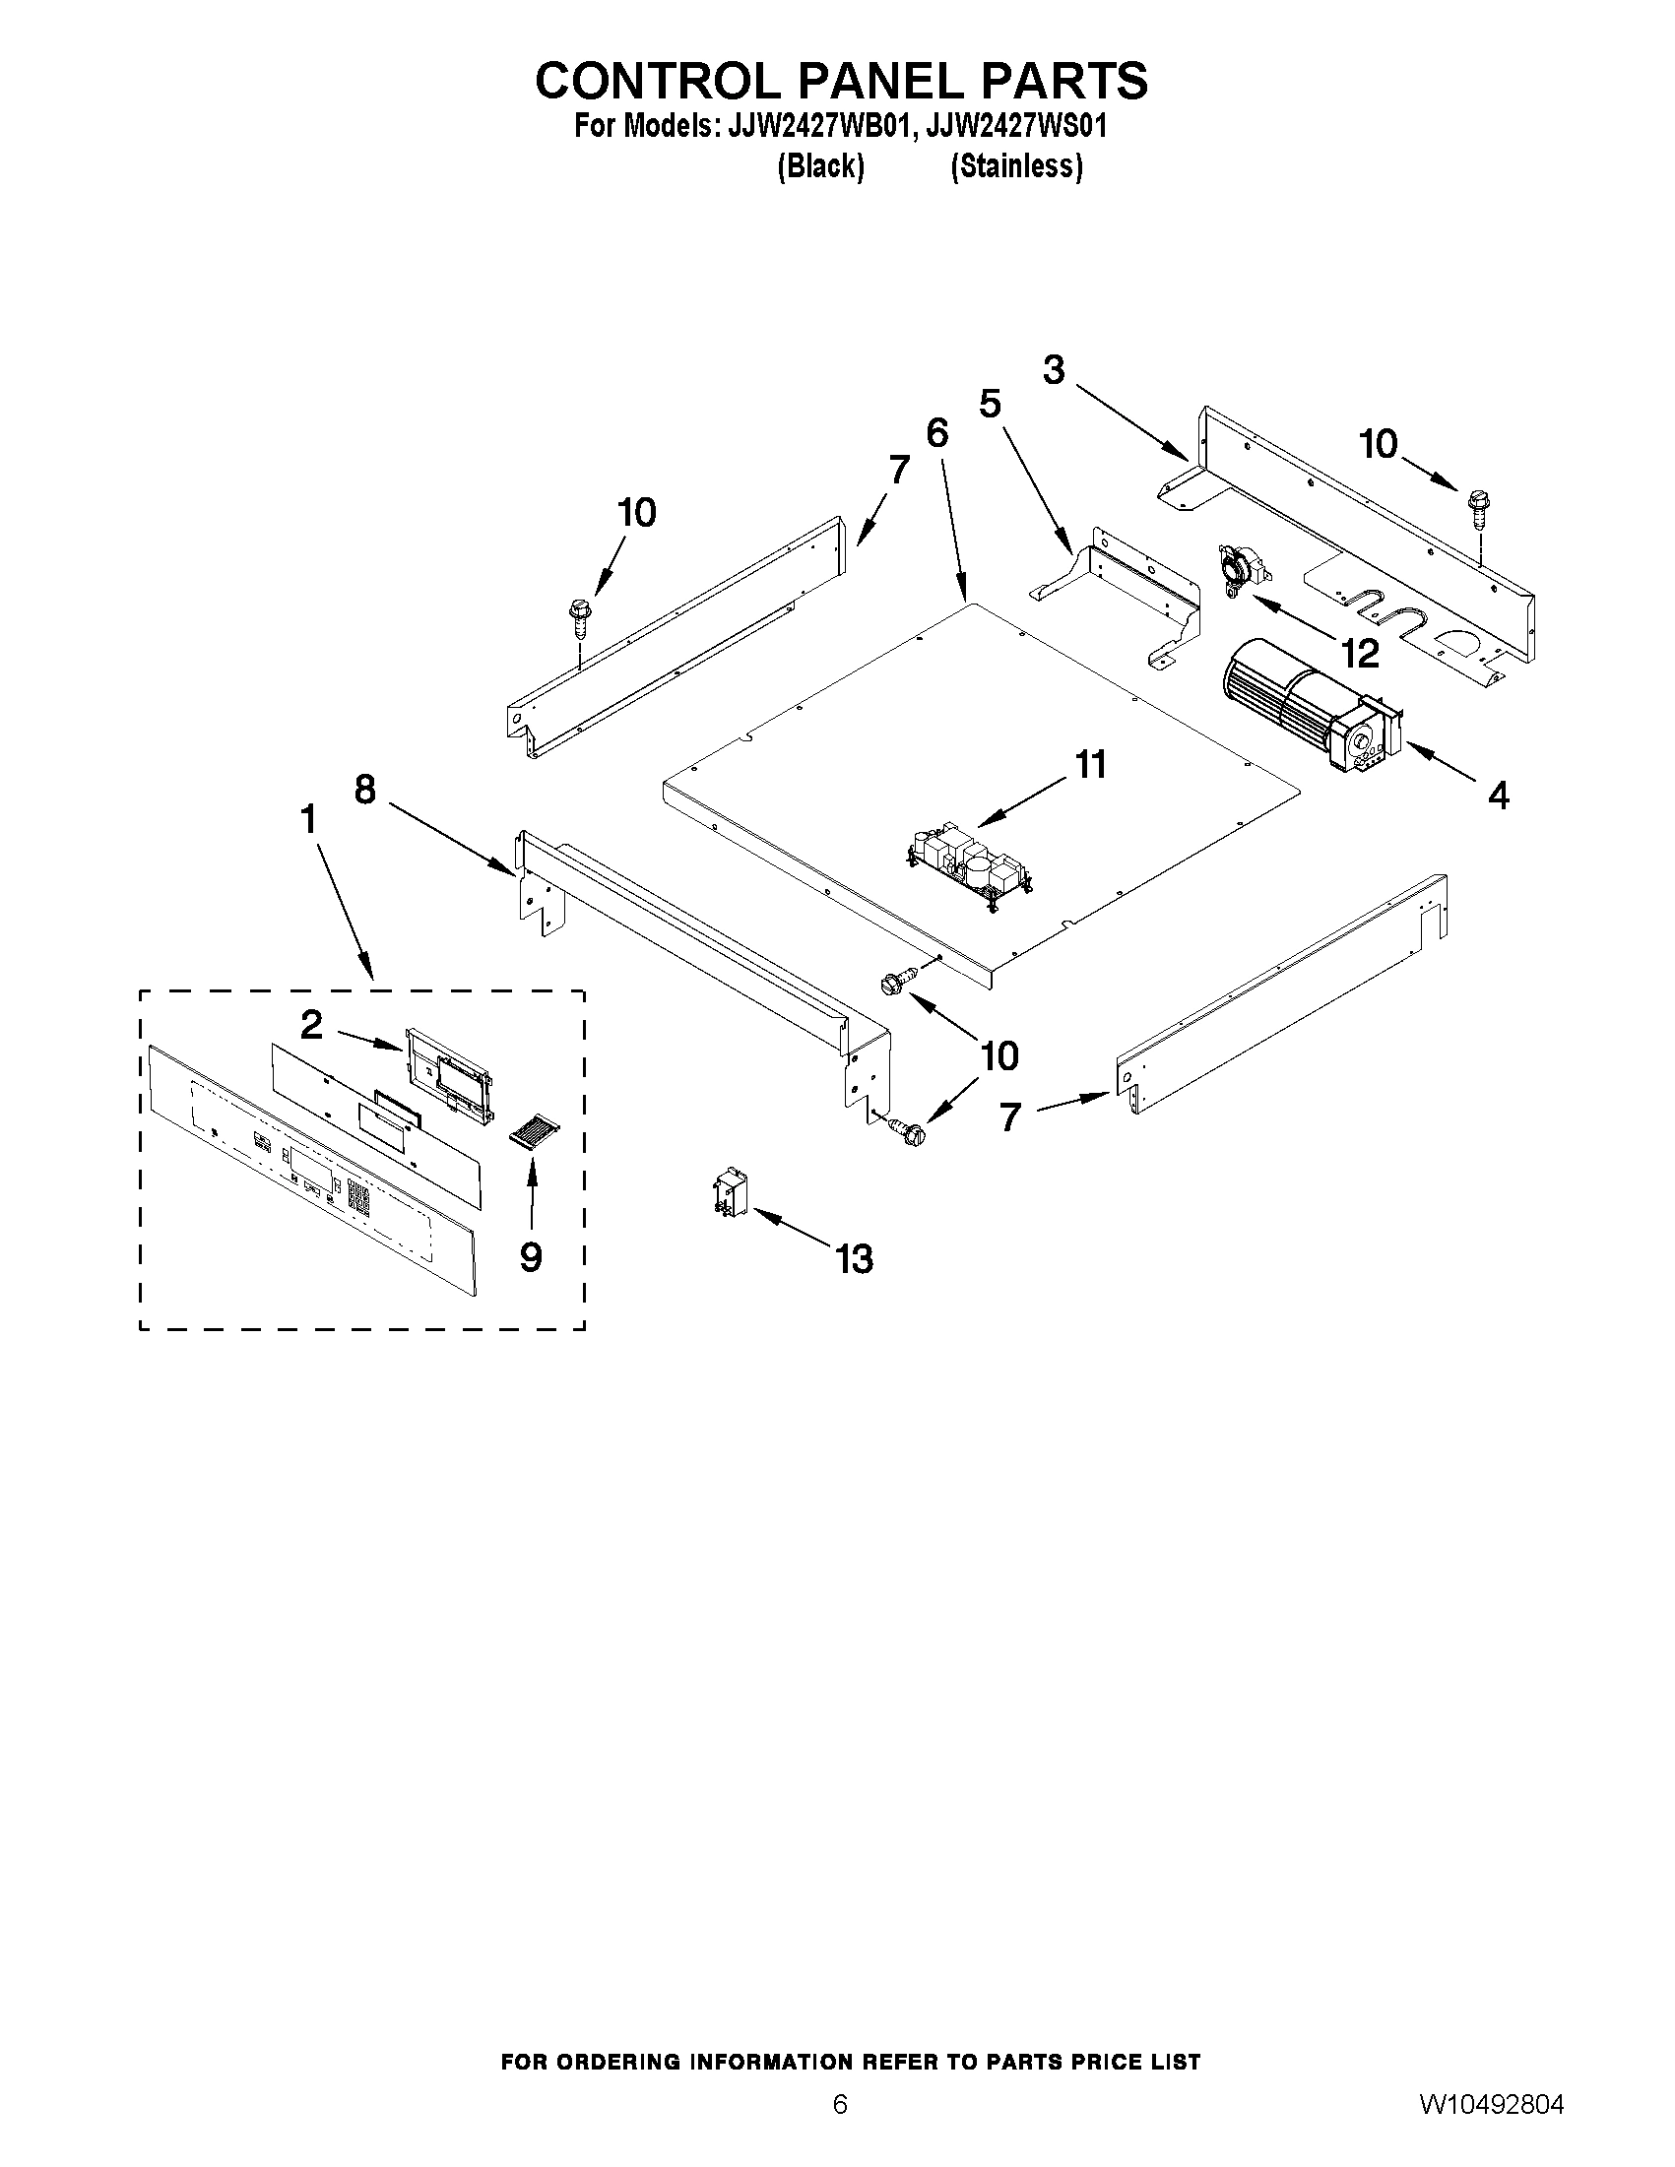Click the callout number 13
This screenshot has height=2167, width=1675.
(854, 1259)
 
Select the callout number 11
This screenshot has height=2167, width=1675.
(1089, 765)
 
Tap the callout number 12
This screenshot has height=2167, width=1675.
(1360, 653)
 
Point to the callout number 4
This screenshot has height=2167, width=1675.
(1499, 795)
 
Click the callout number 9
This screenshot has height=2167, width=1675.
(531, 1257)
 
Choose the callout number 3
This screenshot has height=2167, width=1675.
(1054, 370)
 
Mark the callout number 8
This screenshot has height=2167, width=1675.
(364, 790)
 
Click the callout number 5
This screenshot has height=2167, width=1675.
(990, 404)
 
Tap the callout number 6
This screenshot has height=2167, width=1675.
(936, 433)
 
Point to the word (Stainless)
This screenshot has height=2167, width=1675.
(1015, 165)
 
